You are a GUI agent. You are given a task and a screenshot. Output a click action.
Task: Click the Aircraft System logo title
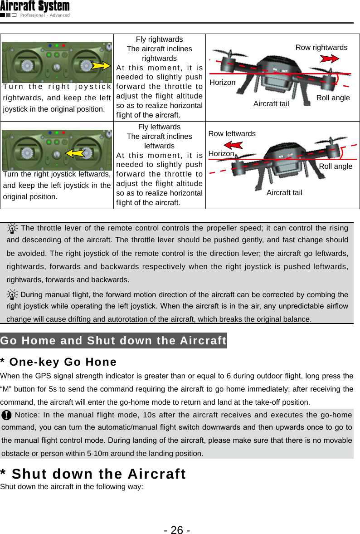(x=35, y=6)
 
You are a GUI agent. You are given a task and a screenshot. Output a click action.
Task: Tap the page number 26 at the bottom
(x=177, y=529)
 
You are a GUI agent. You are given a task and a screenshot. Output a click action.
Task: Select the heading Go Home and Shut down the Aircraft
(x=113, y=341)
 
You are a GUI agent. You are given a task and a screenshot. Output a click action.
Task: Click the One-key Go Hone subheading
(x=58, y=362)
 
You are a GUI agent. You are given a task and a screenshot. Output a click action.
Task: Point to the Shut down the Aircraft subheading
(x=93, y=474)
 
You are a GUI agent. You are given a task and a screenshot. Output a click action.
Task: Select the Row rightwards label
(x=321, y=48)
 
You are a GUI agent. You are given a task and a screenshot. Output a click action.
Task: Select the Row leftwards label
(x=232, y=133)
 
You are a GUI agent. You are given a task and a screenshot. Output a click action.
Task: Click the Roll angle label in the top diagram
(x=333, y=98)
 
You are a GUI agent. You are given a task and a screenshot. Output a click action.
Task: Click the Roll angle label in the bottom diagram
(x=336, y=167)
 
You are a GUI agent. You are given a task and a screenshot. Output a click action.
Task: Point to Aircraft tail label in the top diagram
(x=271, y=104)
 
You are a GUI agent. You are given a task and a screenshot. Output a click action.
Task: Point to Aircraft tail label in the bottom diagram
(x=284, y=193)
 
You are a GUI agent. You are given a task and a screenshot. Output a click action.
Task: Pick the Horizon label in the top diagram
(x=222, y=83)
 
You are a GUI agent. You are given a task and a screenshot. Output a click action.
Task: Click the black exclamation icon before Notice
(x=7, y=415)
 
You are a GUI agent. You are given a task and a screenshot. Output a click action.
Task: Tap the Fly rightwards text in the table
(x=159, y=39)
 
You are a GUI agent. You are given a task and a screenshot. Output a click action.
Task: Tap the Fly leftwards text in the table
(x=159, y=127)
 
